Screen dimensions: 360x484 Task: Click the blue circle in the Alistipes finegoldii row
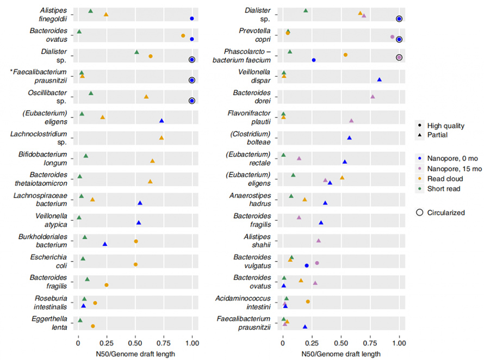(192, 18)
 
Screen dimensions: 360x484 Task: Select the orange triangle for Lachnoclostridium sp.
(162, 138)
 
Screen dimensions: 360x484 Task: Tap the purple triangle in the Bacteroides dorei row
(373, 96)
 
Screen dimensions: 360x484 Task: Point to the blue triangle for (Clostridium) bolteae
(349, 138)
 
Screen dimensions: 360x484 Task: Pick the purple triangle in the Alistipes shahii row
(319, 240)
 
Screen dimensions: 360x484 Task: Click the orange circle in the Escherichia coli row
(135, 264)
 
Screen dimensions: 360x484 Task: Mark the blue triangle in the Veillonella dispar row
(380, 79)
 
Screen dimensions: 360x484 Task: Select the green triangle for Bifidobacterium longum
(86, 156)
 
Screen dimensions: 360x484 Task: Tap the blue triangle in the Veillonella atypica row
(139, 222)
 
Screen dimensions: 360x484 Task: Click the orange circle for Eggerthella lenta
(93, 326)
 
